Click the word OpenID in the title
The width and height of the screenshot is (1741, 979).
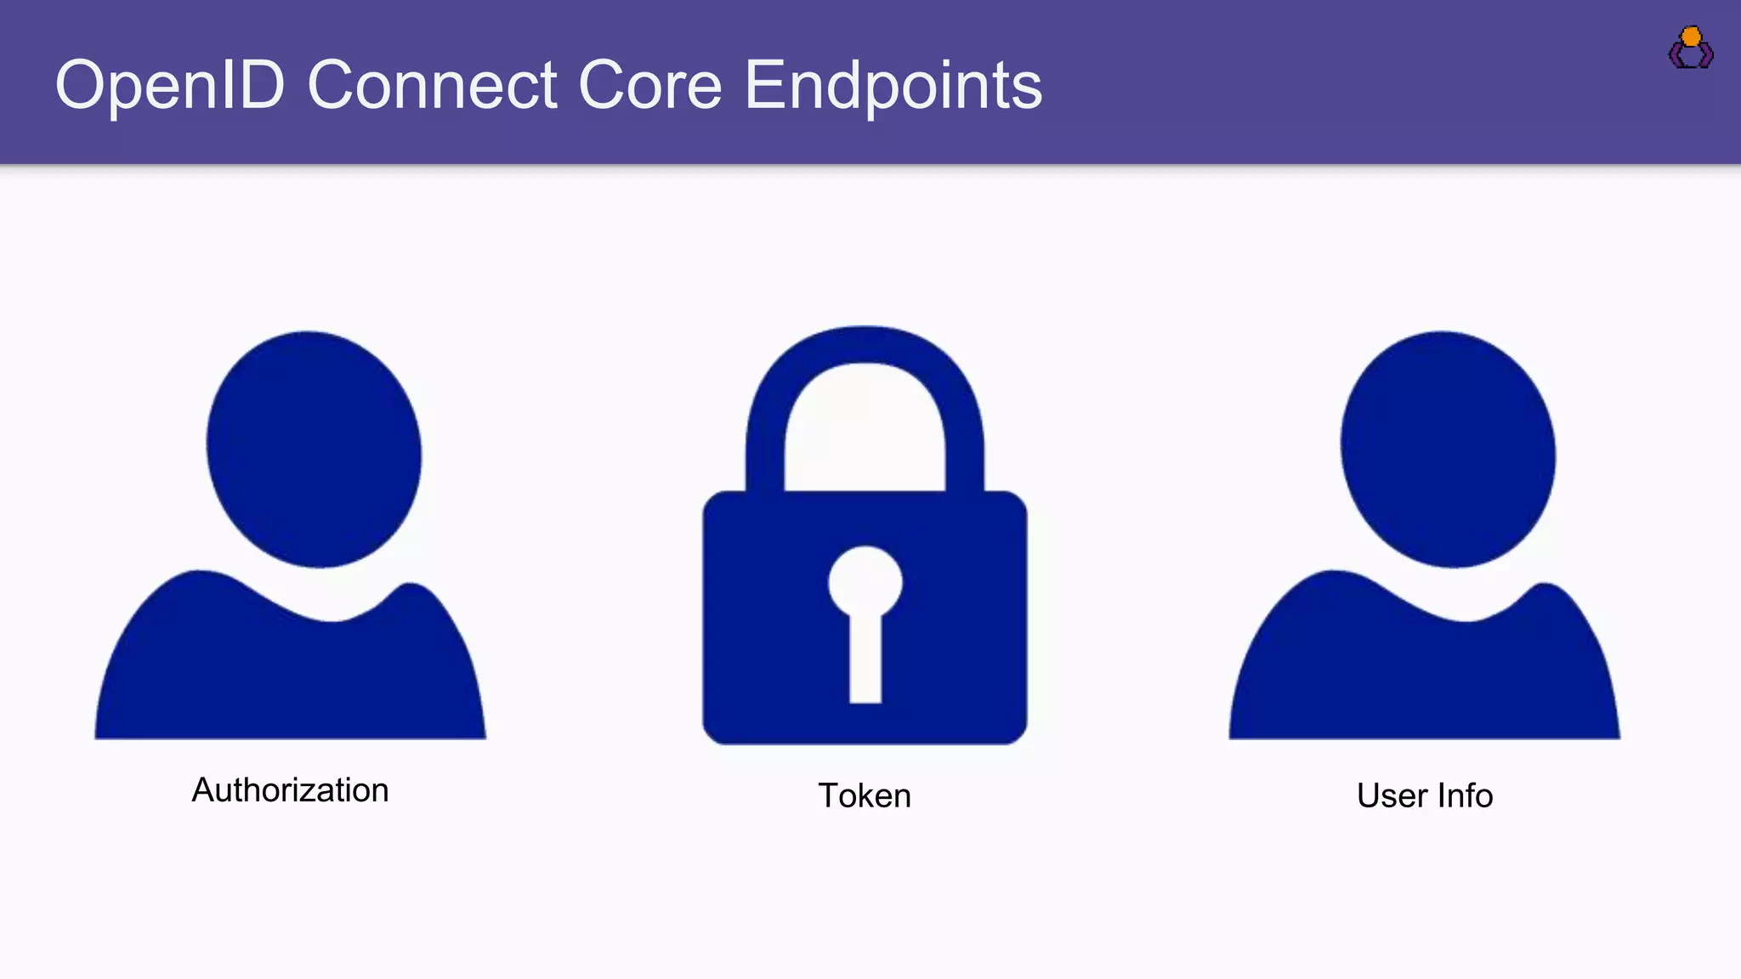pos(169,86)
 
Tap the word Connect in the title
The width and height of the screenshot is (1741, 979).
pos(432,86)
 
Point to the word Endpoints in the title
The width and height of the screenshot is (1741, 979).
pos(893,86)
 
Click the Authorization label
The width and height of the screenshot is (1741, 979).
pos(290,790)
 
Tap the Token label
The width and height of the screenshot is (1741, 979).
pos(865,796)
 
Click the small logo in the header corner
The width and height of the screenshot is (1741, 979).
pos(1691,48)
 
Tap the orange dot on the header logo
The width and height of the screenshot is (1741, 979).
pos(1692,37)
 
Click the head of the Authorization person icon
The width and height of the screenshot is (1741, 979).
pos(314,449)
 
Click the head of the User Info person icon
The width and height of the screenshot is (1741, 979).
pos(1448,449)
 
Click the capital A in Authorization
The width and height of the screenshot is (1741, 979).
pos(202,790)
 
